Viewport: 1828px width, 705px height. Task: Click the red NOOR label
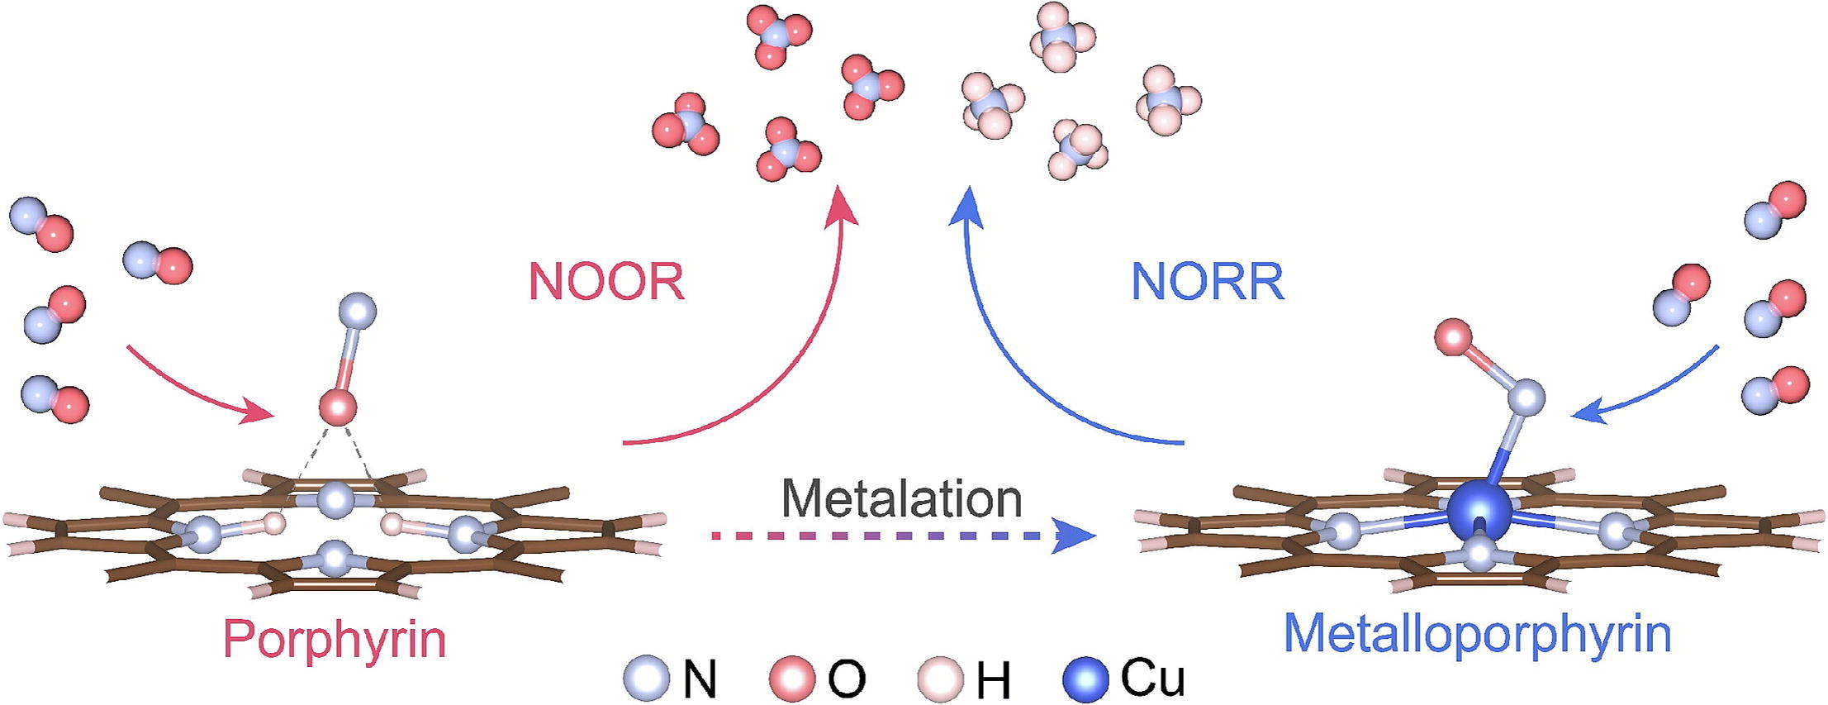click(x=606, y=282)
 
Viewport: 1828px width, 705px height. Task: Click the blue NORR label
click(x=1208, y=282)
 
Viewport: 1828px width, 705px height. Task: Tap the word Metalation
click(x=901, y=498)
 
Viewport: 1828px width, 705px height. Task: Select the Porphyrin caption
click(x=335, y=639)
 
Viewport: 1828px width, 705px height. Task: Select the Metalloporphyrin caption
click(x=1477, y=634)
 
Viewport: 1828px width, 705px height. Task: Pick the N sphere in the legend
click(x=646, y=679)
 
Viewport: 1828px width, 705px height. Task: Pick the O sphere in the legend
click(x=791, y=679)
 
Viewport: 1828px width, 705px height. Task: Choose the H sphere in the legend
click(x=940, y=679)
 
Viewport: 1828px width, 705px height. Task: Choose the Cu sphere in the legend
click(x=1085, y=679)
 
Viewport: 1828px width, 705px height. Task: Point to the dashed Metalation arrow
click(x=900, y=536)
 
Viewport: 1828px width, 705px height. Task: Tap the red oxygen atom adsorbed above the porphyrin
click(x=338, y=408)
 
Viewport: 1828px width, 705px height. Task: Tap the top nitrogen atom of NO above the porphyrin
click(x=358, y=312)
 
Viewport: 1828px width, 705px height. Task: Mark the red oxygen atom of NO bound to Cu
click(x=1453, y=337)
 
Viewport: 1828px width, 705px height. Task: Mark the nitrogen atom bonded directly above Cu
click(x=1526, y=398)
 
